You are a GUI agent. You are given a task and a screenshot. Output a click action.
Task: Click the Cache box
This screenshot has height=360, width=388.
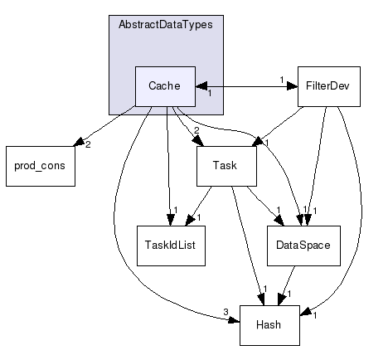(165, 86)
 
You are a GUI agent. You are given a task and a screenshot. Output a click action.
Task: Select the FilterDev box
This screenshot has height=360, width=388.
(328, 86)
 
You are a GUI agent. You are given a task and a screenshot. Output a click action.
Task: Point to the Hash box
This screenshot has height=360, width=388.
(269, 324)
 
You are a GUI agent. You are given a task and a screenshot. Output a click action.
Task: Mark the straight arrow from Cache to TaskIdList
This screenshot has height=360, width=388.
(168, 166)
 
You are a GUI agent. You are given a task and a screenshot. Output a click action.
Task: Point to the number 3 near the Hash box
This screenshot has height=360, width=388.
(226, 312)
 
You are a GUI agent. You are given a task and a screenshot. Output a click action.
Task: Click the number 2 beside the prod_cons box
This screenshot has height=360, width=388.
(87, 146)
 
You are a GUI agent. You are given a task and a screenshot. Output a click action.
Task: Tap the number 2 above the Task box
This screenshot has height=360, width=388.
(196, 130)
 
